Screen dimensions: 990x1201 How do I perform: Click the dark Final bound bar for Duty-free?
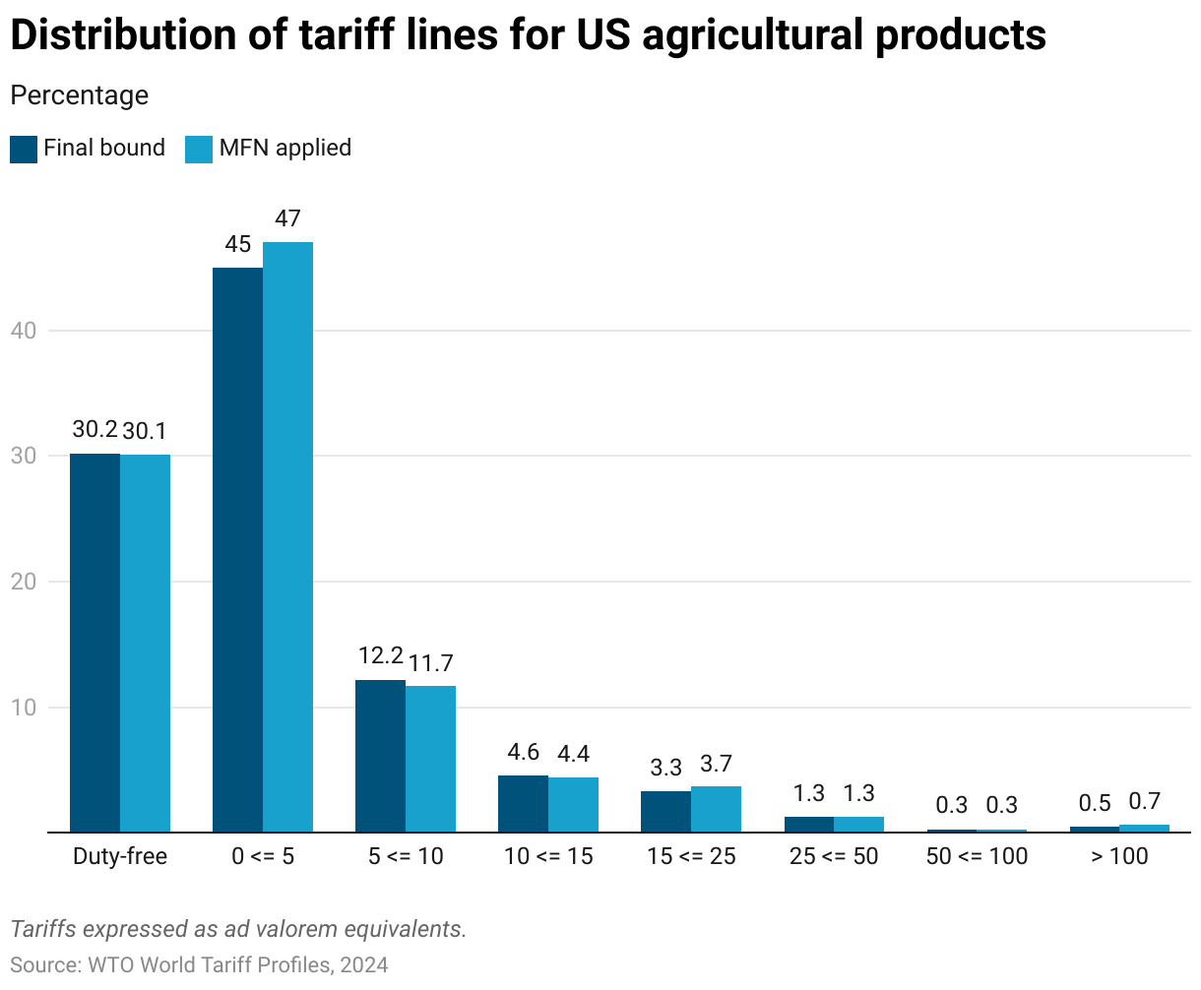tap(95, 643)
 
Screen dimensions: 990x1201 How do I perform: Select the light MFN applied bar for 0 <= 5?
tap(287, 536)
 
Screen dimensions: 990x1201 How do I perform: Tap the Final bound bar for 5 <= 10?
tap(380, 756)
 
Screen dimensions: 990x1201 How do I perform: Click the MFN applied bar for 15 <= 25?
tap(716, 809)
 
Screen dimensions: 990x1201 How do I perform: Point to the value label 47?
tap(287, 218)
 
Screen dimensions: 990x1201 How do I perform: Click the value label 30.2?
tap(95, 430)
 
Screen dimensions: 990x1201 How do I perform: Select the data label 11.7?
tap(431, 663)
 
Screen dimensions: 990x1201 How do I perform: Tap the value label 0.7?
tap(1145, 802)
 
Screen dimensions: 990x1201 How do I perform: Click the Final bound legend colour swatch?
tap(24, 149)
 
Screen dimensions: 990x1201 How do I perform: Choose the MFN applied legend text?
tap(285, 148)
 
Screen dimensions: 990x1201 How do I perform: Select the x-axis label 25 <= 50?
tap(834, 856)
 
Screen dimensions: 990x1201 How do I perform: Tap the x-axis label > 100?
tap(1119, 856)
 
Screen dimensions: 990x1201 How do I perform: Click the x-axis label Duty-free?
tap(120, 856)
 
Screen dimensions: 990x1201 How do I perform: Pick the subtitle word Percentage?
tap(79, 95)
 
